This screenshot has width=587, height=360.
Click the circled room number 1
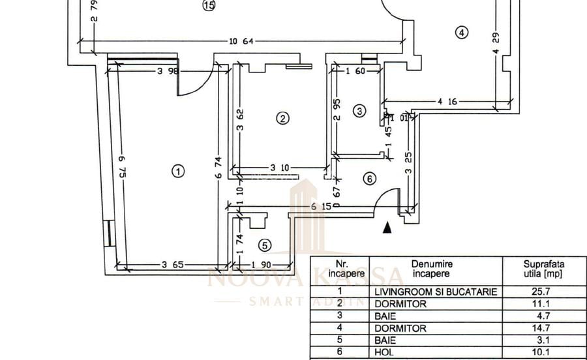click(178, 172)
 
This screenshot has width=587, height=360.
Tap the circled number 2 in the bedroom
click(282, 118)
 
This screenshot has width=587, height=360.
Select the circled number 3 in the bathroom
click(360, 111)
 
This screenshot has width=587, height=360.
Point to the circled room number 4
click(462, 32)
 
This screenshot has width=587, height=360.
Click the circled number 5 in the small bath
click(264, 245)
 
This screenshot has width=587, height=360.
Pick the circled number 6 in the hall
click(369, 178)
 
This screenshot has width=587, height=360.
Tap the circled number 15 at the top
click(209, 6)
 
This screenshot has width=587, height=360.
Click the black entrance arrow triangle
click(387, 227)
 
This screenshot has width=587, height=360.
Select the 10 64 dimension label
click(241, 42)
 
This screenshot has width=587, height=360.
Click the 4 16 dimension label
click(447, 101)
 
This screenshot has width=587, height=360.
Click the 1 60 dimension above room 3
click(355, 72)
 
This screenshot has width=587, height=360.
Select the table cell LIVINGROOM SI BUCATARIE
click(436, 292)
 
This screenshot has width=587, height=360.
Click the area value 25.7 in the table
click(544, 292)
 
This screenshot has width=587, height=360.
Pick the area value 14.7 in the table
click(544, 328)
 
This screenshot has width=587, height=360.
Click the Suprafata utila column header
click(544, 269)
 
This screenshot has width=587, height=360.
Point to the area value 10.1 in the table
click(544, 352)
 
